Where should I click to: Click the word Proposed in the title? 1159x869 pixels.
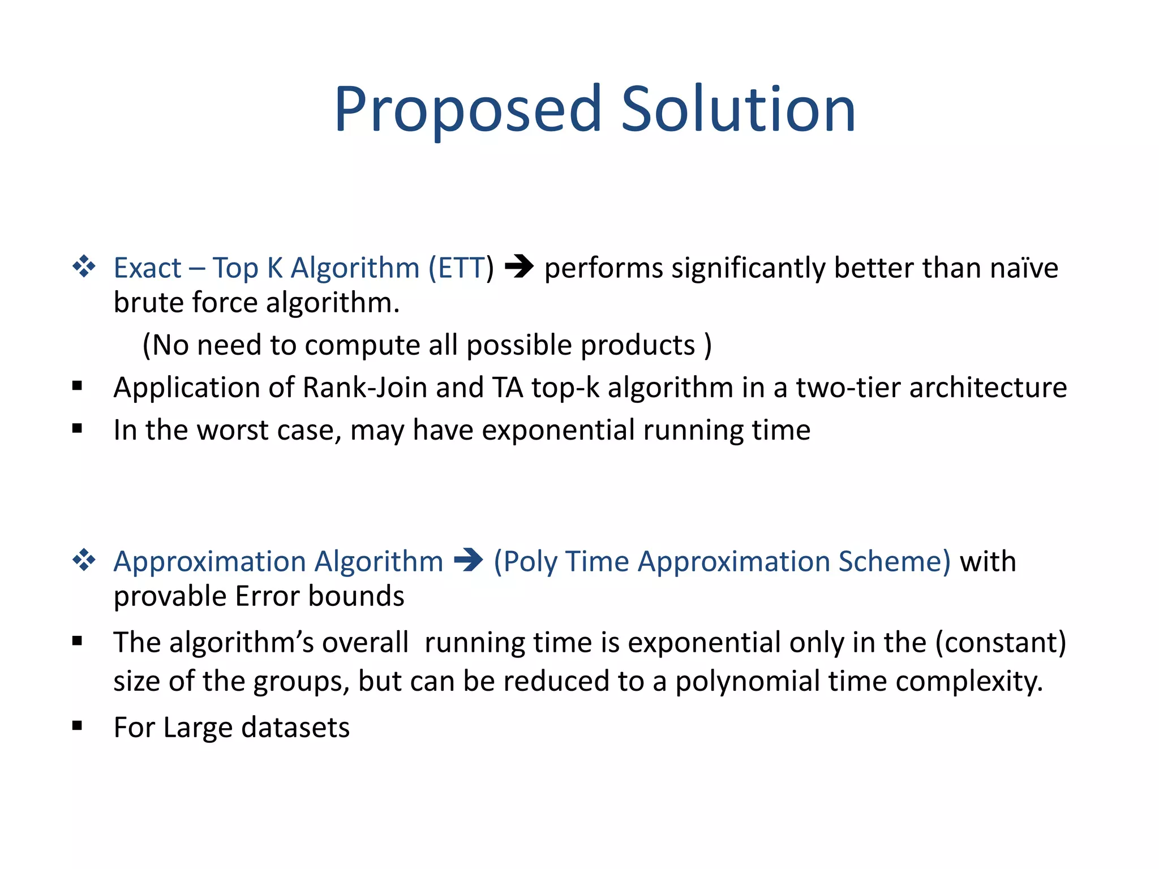pyautogui.click(x=467, y=110)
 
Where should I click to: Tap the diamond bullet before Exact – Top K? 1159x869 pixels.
pyautogui.click(x=84, y=266)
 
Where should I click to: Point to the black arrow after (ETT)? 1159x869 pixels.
pyautogui.click(x=519, y=266)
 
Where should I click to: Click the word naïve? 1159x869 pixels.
pyautogui.click(x=1024, y=268)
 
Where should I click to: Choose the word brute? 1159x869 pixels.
pyautogui.click(x=148, y=303)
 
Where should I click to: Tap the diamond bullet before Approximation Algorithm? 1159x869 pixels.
pyautogui.click(x=84, y=561)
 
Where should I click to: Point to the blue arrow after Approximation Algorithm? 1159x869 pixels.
pyautogui.click(x=468, y=561)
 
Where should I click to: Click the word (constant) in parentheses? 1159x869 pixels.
pyautogui.click(x=1000, y=643)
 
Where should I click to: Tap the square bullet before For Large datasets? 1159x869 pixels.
pyautogui.click(x=78, y=726)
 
